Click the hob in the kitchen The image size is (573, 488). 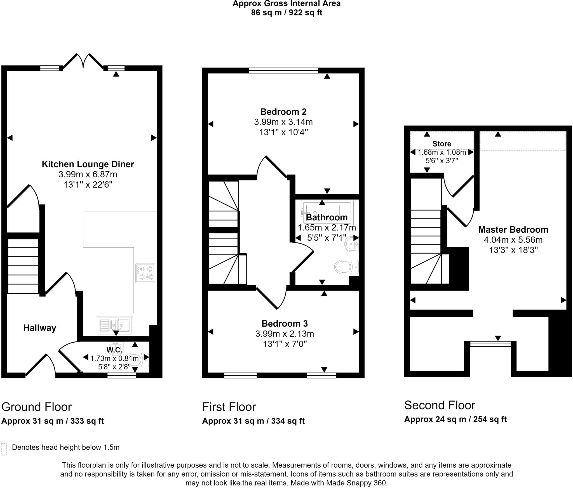(145, 273)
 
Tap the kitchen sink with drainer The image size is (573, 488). (115, 325)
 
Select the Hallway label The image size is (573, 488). (40, 328)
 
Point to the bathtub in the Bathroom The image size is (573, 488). (327, 213)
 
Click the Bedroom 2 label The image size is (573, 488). (283, 112)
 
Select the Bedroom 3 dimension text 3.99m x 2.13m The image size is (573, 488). (285, 334)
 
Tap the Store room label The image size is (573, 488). (442, 144)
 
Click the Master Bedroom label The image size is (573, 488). (513, 230)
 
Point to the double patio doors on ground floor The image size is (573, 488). (83, 61)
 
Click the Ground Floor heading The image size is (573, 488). (37, 407)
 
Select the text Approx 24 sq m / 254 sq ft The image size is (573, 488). (455, 419)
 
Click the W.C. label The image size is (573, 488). (114, 350)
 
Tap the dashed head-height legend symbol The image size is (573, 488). (4, 449)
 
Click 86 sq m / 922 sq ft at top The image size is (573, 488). (286, 13)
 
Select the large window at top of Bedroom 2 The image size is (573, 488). (283, 70)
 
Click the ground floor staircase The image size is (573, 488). (23, 266)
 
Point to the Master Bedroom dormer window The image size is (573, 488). (490, 344)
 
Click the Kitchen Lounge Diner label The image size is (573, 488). (88, 164)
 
